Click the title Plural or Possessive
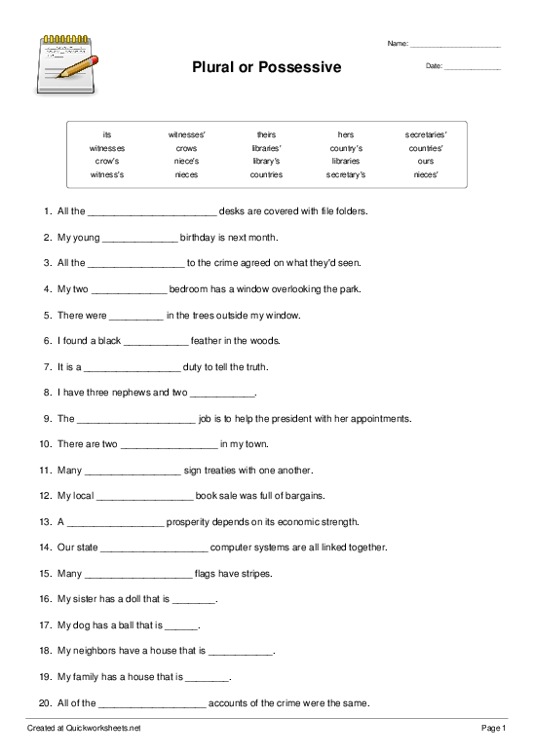click(x=267, y=67)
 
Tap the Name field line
click(x=455, y=46)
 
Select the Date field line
click(x=473, y=67)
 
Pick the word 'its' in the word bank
click(x=106, y=133)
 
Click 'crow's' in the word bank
click(x=106, y=161)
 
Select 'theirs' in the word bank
click(x=266, y=133)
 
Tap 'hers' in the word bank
click(x=346, y=133)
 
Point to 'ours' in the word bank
click(x=426, y=161)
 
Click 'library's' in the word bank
click(x=266, y=161)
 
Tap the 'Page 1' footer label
click(x=493, y=728)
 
